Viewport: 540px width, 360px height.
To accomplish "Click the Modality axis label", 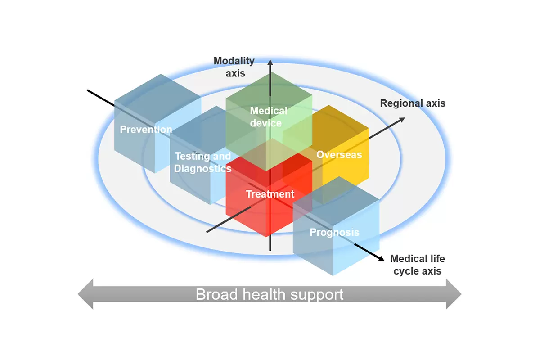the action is pyautogui.click(x=234, y=67).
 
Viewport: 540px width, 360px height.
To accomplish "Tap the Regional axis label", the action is pyautogui.click(x=413, y=103).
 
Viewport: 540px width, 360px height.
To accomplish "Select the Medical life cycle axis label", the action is pyautogui.click(x=418, y=265).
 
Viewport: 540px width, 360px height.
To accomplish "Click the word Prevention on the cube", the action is pyautogui.click(x=146, y=130).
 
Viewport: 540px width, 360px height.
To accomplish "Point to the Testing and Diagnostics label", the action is pyautogui.click(x=203, y=162).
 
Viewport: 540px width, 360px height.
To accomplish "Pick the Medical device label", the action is pyautogui.click(x=269, y=117).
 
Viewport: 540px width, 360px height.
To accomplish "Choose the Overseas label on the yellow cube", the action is pyautogui.click(x=339, y=154).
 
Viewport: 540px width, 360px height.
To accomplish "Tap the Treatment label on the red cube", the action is pyautogui.click(x=270, y=194).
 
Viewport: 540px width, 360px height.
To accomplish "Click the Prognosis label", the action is pyautogui.click(x=335, y=232).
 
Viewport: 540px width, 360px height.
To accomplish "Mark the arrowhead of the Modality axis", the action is pyautogui.click(x=270, y=62).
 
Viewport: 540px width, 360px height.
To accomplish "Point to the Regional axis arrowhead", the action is pyautogui.click(x=402, y=120).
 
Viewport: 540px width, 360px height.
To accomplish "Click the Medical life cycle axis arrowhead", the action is pyautogui.click(x=382, y=258).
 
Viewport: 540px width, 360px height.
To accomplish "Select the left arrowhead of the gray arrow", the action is pyautogui.click(x=85, y=294).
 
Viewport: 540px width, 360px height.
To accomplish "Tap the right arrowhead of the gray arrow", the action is pyautogui.click(x=454, y=294).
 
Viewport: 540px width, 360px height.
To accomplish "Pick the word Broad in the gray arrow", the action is pyautogui.click(x=217, y=294).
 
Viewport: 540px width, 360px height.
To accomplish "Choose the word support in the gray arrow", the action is pyautogui.click(x=317, y=295).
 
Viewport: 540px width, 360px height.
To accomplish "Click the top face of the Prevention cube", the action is pyautogui.click(x=158, y=99).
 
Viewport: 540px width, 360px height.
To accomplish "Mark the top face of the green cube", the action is pyautogui.click(x=269, y=96).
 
